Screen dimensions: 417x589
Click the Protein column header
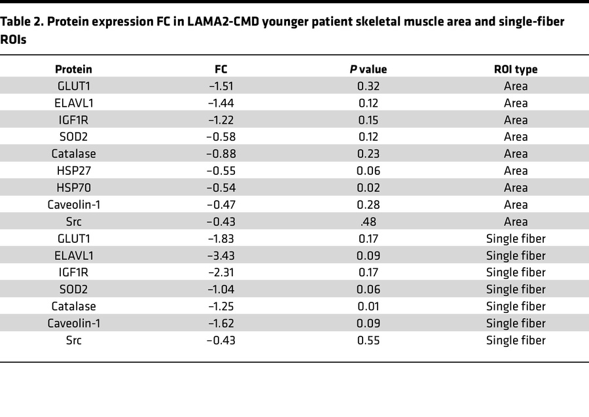tap(73, 69)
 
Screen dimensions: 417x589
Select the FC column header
tap(221, 69)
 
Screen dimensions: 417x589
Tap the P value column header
tap(368, 69)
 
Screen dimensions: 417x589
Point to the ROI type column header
tap(516, 69)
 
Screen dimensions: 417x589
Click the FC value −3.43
tap(221, 256)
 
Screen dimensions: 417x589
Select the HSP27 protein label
tap(73, 171)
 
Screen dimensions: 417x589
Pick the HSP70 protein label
tap(73, 188)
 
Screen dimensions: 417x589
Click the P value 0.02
tap(368, 188)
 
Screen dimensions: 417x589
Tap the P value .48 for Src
tap(368, 222)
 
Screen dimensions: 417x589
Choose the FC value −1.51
tap(221, 86)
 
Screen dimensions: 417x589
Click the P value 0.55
tap(368, 340)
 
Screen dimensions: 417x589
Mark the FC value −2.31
tap(221, 273)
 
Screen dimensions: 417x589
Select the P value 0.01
tap(368, 306)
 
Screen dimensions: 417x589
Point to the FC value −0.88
tap(221, 154)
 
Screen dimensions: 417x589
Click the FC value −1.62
tap(221, 323)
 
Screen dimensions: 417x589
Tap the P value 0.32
tap(368, 86)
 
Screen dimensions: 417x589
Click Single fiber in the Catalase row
tap(516, 306)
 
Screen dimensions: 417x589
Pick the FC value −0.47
tap(221, 205)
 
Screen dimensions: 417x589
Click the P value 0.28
tap(368, 205)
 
